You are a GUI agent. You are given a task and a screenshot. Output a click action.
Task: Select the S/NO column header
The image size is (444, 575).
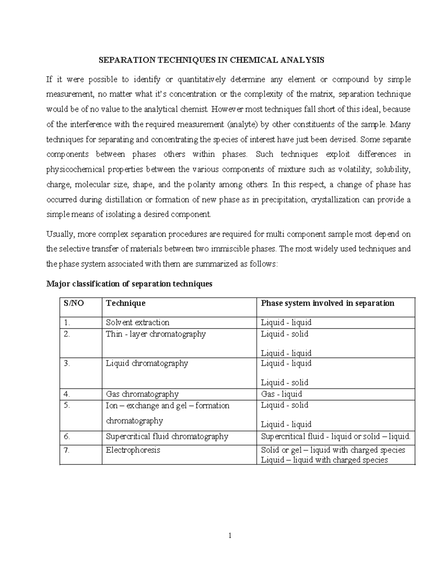click(74, 303)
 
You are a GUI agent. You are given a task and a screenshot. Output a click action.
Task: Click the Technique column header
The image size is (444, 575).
click(125, 303)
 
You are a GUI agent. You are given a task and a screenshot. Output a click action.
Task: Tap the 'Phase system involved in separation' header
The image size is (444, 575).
click(327, 303)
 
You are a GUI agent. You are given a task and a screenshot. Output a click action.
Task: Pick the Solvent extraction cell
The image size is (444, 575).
click(137, 322)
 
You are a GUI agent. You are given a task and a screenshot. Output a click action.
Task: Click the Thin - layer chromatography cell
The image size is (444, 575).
click(155, 334)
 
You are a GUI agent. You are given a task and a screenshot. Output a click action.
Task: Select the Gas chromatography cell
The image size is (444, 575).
click(142, 394)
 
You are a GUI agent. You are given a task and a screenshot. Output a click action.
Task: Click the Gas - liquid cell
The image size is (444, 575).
click(282, 394)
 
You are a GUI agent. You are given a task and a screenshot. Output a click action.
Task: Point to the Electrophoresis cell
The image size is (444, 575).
click(133, 450)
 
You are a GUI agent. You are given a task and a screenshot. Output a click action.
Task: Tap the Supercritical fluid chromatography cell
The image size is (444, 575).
click(167, 437)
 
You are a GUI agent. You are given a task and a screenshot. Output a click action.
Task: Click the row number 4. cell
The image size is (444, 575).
click(67, 394)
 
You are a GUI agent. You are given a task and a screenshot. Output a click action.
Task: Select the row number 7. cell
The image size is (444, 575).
click(67, 450)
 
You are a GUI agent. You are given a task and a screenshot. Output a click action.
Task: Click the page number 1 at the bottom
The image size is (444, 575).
click(230, 535)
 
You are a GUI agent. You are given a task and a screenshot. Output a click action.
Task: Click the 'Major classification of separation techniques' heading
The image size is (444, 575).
click(129, 284)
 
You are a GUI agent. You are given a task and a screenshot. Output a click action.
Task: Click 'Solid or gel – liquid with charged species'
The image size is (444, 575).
click(333, 450)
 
